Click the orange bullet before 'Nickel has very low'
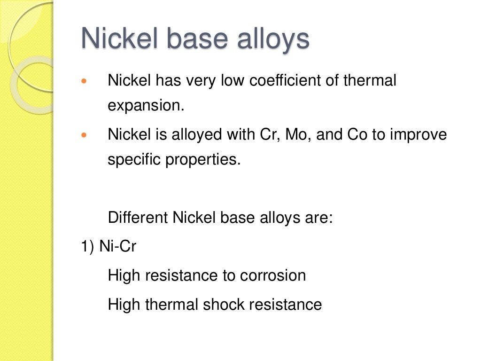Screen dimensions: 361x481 click(85, 81)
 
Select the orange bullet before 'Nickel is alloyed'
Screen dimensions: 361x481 click(85, 135)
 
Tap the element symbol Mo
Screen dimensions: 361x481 click(298, 135)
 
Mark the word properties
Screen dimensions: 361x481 click(202, 160)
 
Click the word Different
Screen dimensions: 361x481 click(138, 218)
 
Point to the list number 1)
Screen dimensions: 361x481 click(88, 247)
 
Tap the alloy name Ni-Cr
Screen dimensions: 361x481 click(117, 247)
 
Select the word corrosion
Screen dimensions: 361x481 click(273, 275)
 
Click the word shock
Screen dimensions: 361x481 click(224, 305)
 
